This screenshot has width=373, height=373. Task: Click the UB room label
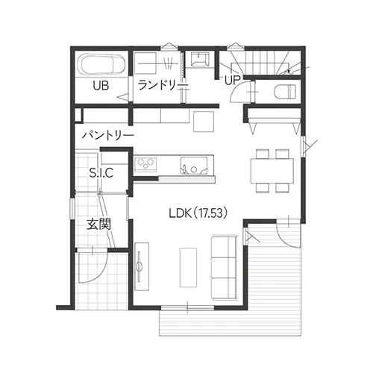click(101, 86)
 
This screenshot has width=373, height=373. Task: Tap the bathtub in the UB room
click(102, 65)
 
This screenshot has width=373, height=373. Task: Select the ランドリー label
click(163, 85)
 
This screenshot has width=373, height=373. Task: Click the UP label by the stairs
click(233, 80)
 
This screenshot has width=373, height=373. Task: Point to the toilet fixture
click(285, 92)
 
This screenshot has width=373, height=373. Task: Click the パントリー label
click(108, 136)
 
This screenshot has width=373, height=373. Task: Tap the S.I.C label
click(101, 172)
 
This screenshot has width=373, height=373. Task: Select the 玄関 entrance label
click(98, 225)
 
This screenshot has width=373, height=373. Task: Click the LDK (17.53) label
click(198, 213)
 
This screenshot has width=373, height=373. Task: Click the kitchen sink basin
click(194, 165)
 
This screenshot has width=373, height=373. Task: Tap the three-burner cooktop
click(146, 164)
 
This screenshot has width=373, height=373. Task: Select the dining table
click(272, 171)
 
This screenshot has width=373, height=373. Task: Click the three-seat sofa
click(224, 268)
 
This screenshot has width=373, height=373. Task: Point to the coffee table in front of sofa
click(188, 268)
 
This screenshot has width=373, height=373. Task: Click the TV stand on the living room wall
click(142, 266)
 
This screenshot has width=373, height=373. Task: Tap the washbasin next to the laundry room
click(201, 60)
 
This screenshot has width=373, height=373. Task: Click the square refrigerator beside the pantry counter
click(204, 122)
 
